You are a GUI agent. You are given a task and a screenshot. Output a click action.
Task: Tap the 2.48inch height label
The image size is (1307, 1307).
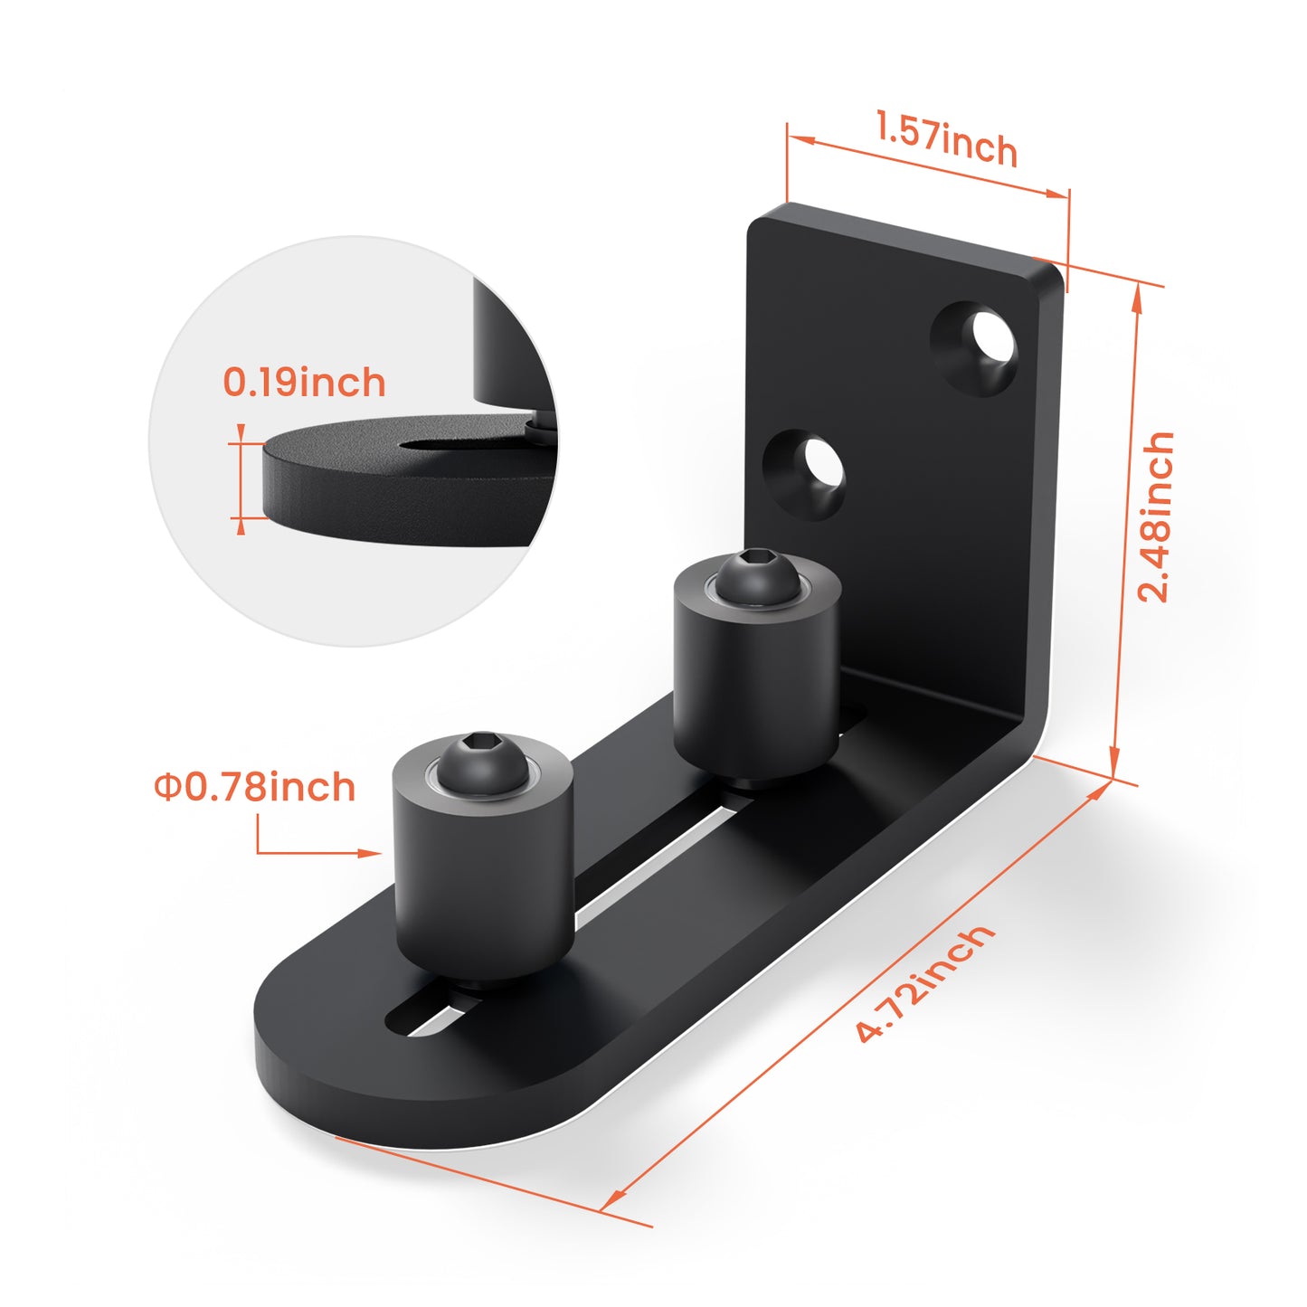pos(1155,517)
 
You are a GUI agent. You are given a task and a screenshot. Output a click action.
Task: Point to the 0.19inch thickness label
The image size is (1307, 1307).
pos(304,383)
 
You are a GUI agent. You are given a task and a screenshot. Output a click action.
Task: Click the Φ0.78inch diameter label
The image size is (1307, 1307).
pos(254,787)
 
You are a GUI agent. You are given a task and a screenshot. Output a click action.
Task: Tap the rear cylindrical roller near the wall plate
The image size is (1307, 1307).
pos(756,687)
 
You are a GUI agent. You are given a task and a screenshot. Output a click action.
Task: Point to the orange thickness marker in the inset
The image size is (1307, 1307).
pos(240,479)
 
